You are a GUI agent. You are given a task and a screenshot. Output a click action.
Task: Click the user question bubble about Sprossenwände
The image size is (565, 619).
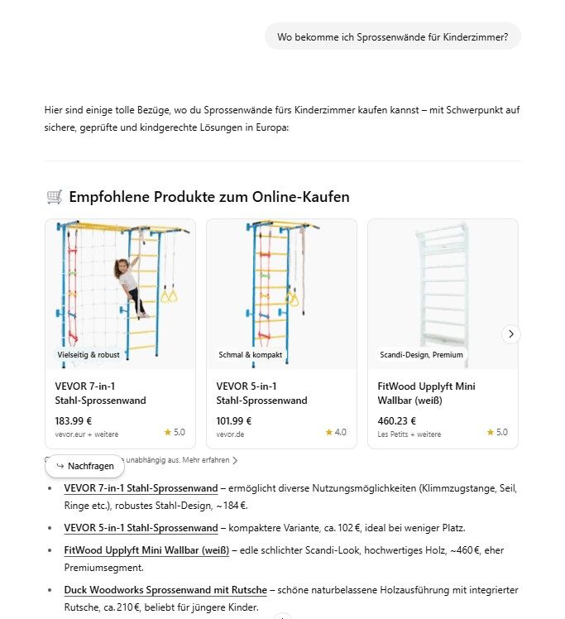[392, 36]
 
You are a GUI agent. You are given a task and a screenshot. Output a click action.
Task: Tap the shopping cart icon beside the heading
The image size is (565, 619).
[55, 197]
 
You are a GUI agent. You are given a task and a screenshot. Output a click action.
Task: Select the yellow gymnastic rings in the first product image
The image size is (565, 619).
[169, 294]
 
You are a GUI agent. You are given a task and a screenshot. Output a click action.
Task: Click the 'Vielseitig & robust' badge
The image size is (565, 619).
[89, 354]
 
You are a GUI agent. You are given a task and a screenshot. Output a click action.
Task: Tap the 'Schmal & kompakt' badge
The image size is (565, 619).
[251, 354]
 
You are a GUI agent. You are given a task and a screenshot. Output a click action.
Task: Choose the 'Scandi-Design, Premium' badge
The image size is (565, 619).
[421, 354]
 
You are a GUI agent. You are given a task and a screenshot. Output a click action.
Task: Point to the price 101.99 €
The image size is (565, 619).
[234, 420]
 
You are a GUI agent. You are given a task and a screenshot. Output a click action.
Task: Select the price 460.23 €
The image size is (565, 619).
[397, 420]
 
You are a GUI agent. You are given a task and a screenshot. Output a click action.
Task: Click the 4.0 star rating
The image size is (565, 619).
[336, 432]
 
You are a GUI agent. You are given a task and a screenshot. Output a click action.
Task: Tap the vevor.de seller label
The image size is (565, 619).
[232, 434]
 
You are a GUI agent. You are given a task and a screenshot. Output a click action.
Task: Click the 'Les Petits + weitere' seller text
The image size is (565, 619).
[409, 434]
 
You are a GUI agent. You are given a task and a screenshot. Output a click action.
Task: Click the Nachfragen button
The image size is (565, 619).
[85, 466]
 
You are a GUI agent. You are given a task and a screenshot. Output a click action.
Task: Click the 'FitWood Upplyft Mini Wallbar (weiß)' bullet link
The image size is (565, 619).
[146, 549]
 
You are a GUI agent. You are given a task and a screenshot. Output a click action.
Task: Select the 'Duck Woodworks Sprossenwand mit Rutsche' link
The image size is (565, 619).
[165, 590]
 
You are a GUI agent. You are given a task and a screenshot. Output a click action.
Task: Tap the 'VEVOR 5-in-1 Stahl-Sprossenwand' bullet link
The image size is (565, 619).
[141, 527]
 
